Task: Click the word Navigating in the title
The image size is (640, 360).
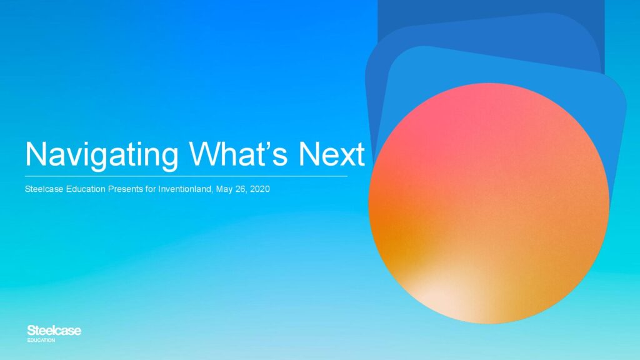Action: [102, 155]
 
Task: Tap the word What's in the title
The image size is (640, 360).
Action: [238, 154]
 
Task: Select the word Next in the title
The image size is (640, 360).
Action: [331, 154]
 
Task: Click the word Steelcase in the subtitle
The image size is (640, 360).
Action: [44, 189]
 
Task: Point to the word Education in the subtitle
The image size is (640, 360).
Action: [86, 189]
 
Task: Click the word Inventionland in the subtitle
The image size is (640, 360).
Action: [185, 189]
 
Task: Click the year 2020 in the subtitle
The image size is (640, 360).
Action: [260, 189]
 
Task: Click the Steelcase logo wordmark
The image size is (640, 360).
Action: [54, 331]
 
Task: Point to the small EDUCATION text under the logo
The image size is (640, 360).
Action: [41, 340]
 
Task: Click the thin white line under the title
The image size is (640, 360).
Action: [186, 176]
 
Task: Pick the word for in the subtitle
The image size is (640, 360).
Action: [151, 189]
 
